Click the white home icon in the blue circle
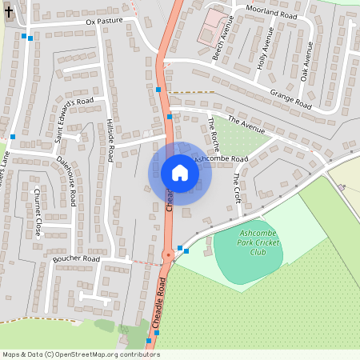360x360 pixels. coord(180,172)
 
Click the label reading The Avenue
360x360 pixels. coord(246,123)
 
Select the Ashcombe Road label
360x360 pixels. coord(221,159)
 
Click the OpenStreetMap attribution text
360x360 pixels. coord(80,354)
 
